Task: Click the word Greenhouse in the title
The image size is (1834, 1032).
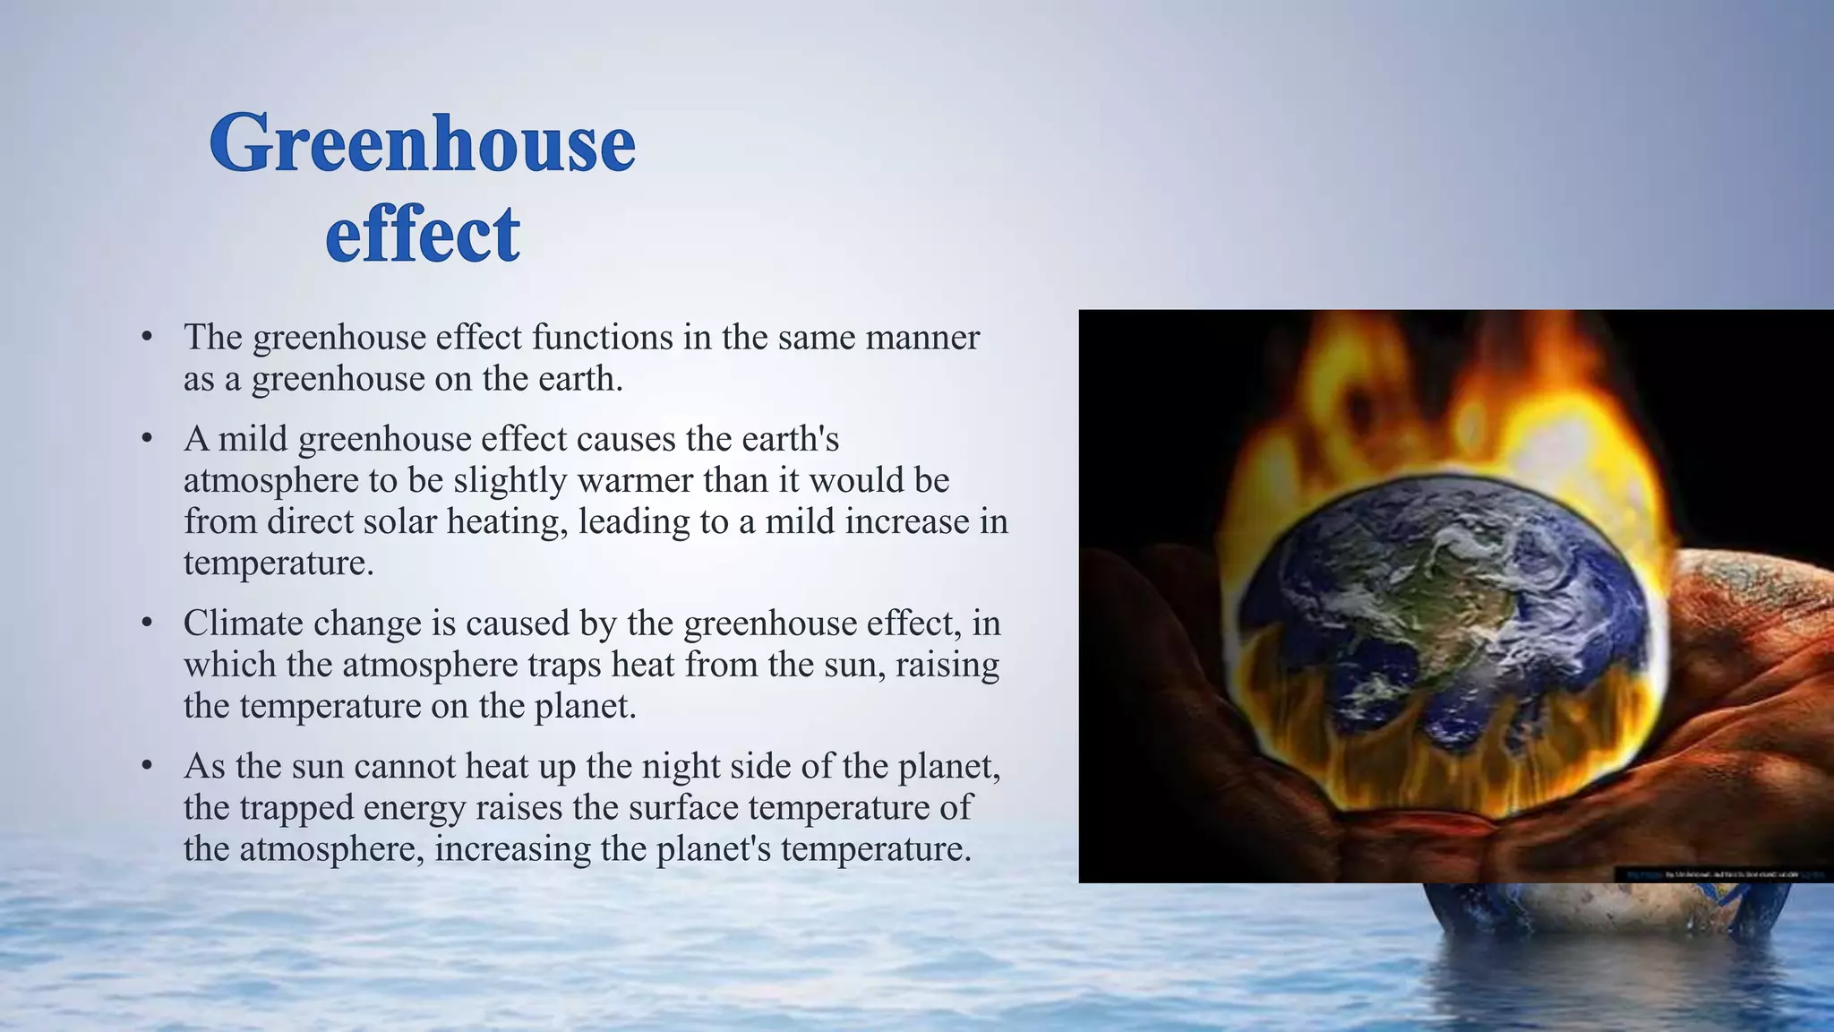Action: click(422, 143)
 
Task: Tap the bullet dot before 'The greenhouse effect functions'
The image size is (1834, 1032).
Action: click(148, 337)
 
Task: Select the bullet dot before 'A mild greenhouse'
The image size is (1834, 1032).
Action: click(148, 439)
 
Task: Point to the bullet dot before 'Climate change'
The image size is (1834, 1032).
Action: click(148, 623)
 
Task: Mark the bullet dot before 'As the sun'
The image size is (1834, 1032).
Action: click(148, 766)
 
